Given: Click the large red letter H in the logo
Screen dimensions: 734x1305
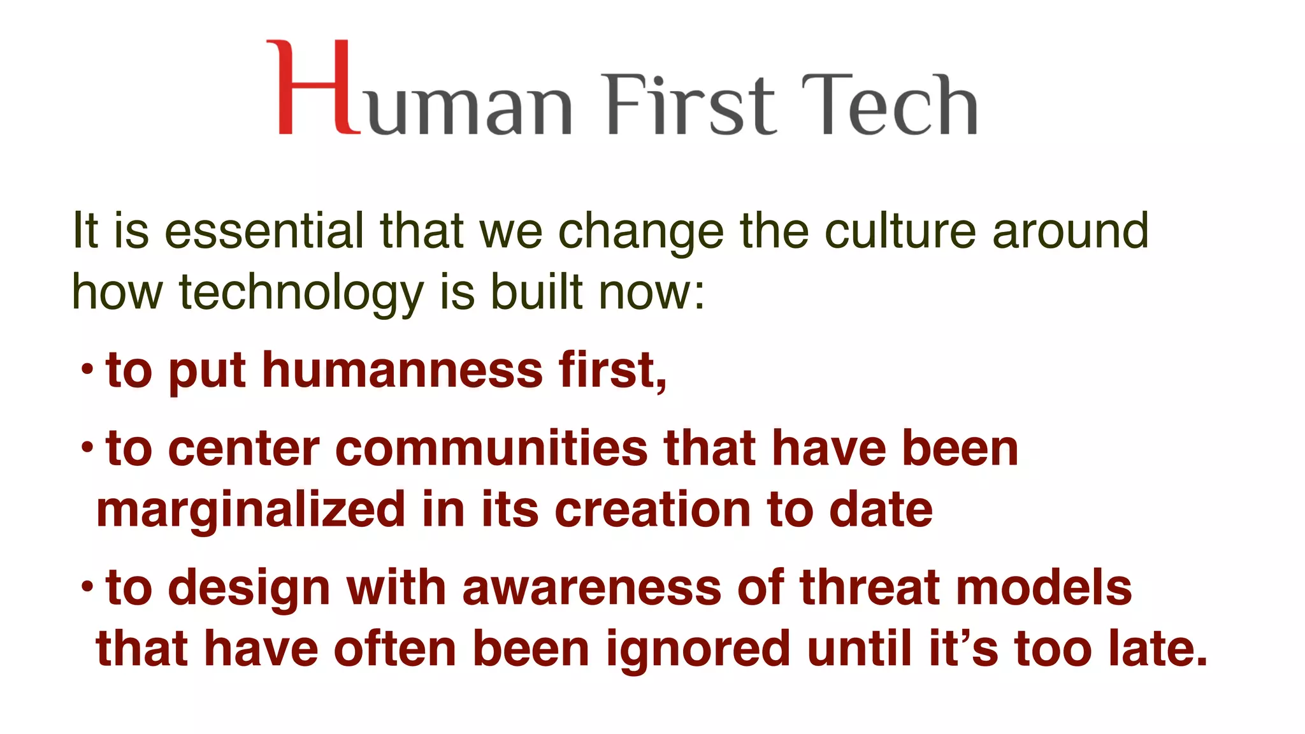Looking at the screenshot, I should [312, 87].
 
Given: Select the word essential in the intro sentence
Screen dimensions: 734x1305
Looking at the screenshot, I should [264, 231].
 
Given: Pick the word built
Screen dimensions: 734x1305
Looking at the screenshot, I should [537, 292].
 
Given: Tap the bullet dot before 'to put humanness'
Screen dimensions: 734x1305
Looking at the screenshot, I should [87, 368].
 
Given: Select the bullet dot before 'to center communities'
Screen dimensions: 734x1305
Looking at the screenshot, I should [87, 447].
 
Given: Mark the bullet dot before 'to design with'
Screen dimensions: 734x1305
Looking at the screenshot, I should [87, 586].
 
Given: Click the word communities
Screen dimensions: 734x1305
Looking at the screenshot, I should [491, 449].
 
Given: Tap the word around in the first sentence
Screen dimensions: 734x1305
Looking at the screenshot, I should [1071, 231].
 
